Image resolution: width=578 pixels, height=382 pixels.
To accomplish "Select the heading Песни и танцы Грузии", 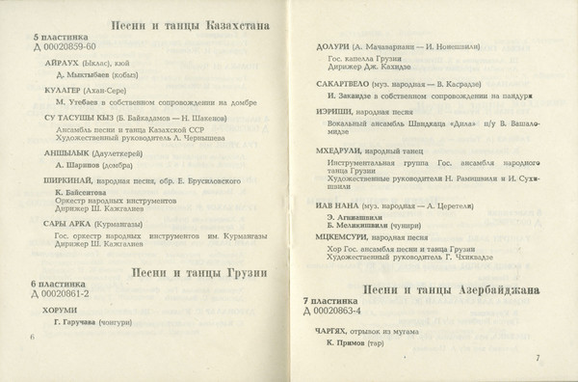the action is tap(198, 271).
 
